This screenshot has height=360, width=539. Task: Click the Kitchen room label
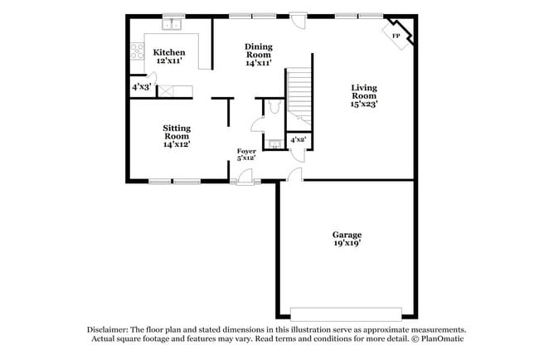click(x=169, y=52)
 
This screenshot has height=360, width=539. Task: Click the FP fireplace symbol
click(x=396, y=36)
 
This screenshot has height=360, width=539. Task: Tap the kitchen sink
click(x=172, y=25)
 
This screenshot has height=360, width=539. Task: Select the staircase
click(x=298, y=95)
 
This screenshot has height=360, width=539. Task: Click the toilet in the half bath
click(x=274, y=109)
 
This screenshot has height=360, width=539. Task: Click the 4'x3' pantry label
click(x=140, y=86)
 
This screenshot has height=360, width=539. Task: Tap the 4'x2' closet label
click(x=298, y=140)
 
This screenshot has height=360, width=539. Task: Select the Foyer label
click(x=247, y=151)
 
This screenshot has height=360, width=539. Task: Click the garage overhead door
click(x=348, y=313)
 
